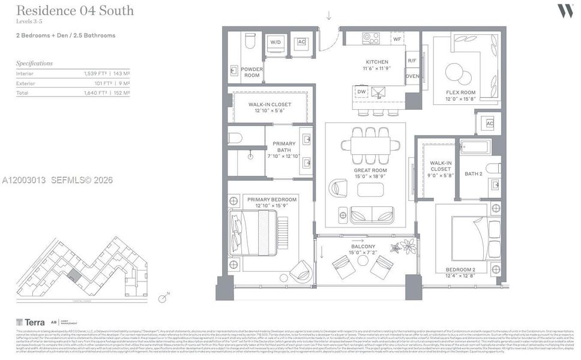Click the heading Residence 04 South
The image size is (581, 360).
[x=74, y=11]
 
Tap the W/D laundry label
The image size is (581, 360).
[x=275, y=42]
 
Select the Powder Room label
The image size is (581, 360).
[x=251, y=73]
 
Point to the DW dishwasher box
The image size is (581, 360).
[x=361, y=92]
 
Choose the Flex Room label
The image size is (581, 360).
[x=460, y=95]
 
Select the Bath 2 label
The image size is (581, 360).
[x=473, y=174]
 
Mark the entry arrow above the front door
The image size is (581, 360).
[x=328, y=16]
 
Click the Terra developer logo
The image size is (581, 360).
[x=26, y=322]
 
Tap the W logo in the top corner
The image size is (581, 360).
[x=564, y=10]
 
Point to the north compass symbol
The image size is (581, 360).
[x=162, y=298]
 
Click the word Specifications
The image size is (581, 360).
[x=34, y=63]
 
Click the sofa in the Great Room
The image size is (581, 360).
[x=372, y=215]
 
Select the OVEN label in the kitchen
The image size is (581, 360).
[x=412, y=76]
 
